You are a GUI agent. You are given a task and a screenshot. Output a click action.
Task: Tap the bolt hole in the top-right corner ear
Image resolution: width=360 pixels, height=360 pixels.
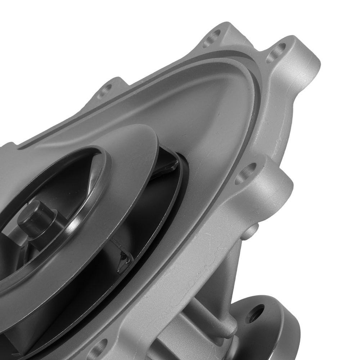276,53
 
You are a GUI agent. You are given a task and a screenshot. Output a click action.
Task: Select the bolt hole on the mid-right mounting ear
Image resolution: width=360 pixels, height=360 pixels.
246,173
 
